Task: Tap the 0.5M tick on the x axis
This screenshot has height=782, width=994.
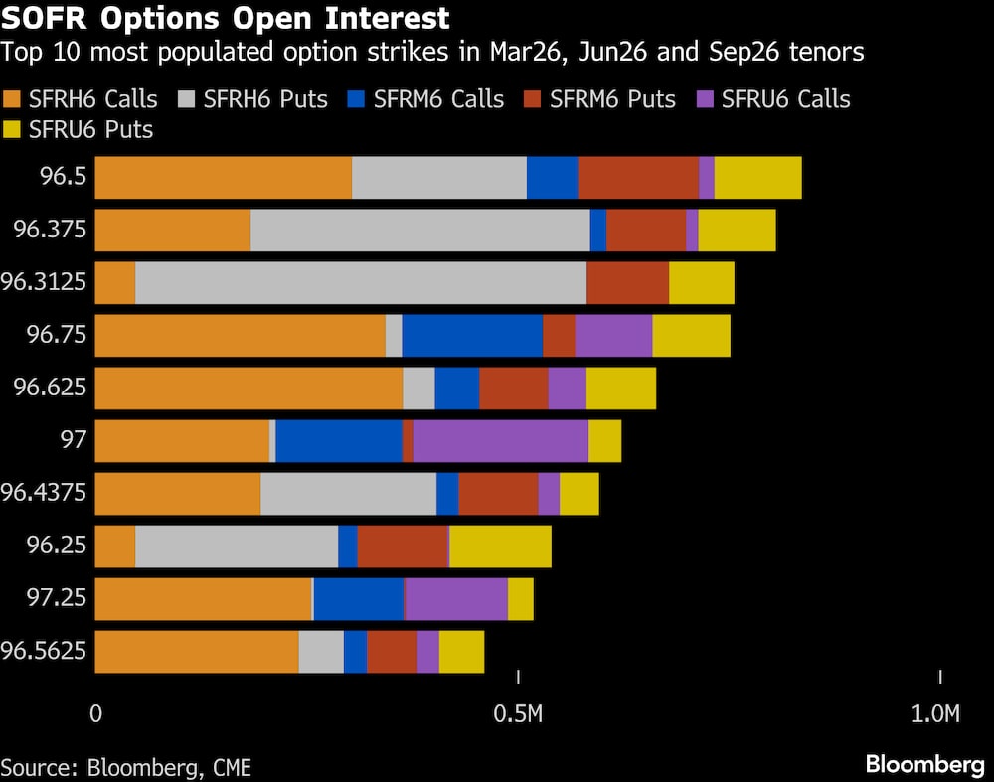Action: (x=518, y=713)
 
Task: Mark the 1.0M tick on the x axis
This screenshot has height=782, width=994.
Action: (x=936, y=713)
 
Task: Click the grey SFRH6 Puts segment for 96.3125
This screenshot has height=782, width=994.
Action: (x=360, y=283)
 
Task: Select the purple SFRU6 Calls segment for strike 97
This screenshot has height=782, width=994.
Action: (x=500, y=440)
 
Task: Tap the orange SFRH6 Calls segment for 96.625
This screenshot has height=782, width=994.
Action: (x=248, y=388)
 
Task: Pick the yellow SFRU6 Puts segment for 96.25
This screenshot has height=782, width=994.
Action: (x=500, y=546)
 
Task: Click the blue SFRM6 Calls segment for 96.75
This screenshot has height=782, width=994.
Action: (x=472, y=335)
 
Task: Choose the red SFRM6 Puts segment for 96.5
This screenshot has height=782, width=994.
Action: (x=637, y=178)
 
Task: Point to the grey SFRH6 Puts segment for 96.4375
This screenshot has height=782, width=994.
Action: (x=348, y=493)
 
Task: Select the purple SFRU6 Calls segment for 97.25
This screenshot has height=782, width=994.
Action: (x=455, y=598)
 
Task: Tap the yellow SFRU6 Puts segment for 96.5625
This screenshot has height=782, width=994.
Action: (x=461, y=651)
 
